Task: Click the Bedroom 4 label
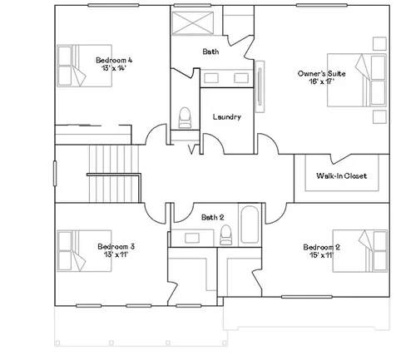(x=114, y=60)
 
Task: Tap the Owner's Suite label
(x=321, y=74)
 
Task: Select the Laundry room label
(x=227, y=117)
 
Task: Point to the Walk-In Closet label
(x=341, y=175)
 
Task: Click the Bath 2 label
(x=212, y=217)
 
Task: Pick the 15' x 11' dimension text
(x=321, y=255)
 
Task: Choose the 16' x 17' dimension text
(x=321, y=81)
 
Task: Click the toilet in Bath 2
(x=225, y=234)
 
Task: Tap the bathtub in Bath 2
(x=250, y=224)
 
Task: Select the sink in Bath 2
(x=192, y=238)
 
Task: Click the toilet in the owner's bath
(x=185, y=118)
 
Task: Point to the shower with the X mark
(x=193, y=23)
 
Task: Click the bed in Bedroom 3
(x=85, y=251)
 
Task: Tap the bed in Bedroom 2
(x=359, y=251)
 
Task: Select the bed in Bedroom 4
(x=85, y=66)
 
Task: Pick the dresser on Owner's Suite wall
(x=260, y=86)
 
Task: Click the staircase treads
(x=114, y=174)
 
